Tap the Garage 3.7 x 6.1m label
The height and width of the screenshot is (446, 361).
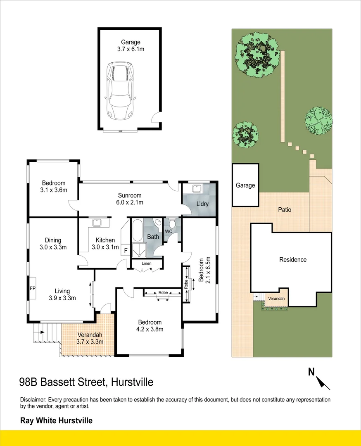coord(131,45)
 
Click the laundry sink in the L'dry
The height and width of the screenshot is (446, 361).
coord(197,189)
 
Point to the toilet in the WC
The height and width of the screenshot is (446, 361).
coord(172,223)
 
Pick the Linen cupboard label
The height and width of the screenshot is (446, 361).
coord(147,263)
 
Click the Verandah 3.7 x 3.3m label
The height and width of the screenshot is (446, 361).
coord(89,338)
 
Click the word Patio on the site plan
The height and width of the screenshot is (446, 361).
coord(284,210)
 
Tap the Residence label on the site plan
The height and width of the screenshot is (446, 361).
coord(293,260)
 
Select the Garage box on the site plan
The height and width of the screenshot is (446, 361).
coord(245,185)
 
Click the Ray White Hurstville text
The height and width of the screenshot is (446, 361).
coord(56,421)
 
